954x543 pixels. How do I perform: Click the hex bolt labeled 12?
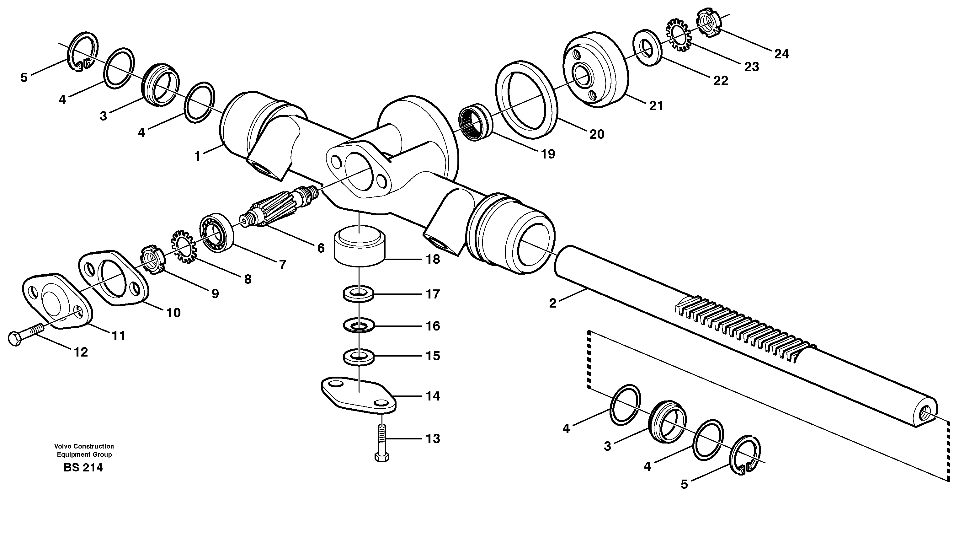24,334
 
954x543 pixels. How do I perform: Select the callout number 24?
781,54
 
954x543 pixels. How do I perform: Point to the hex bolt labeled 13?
382,444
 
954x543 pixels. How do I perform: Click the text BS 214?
83,467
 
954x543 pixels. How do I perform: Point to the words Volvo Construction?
84,446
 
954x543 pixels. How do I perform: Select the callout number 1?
198,156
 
